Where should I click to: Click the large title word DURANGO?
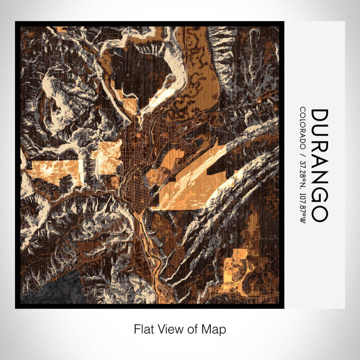pos(319,165)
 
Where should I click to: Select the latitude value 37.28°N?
pos(302,172)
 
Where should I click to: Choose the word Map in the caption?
pos(215,329)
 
